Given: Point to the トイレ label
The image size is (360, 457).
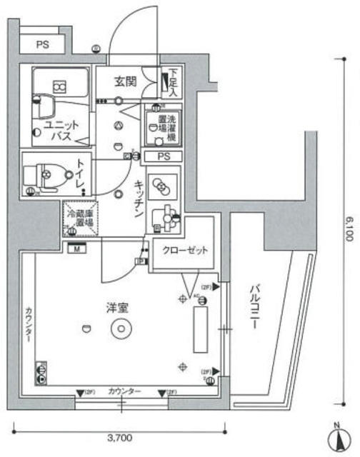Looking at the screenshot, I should [79, 172].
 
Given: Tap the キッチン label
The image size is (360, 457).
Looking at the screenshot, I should [139, 200].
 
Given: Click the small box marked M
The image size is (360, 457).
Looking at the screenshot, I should [75, 248].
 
